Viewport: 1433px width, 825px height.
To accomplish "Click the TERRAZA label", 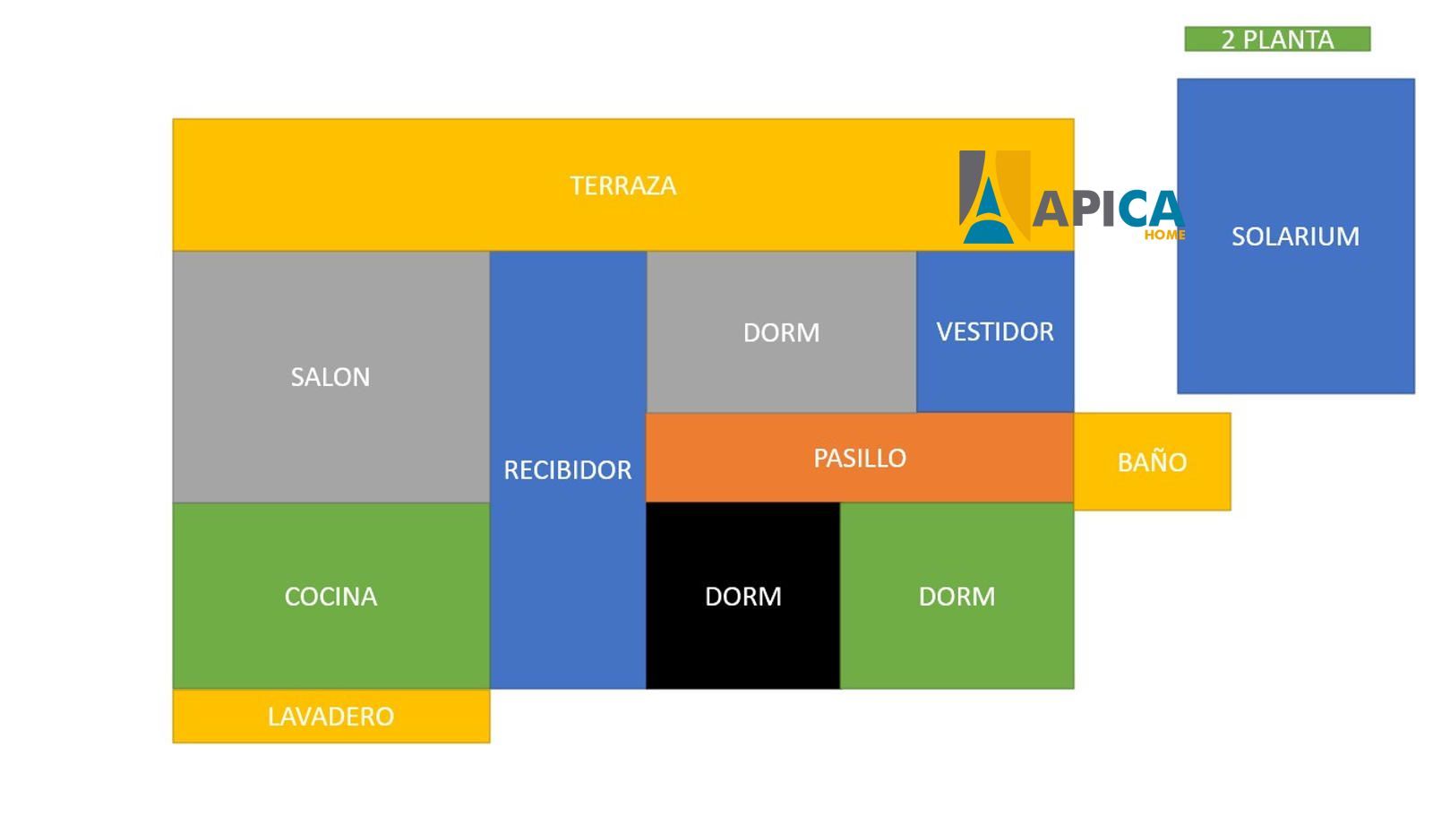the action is tap(623, 185).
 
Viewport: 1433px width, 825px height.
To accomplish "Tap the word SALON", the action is tap(330, 377).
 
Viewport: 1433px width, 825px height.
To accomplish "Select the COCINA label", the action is tap(330, 597).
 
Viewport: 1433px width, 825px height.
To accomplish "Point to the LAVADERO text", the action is tap(330, 717).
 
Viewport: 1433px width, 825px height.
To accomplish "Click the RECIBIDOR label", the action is tap(568, 469).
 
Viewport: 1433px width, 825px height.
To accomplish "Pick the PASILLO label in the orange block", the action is tap(860, 459).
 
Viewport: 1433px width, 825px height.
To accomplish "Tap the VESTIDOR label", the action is tap(995, 331).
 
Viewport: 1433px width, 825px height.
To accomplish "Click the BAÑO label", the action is tap(1152, 460).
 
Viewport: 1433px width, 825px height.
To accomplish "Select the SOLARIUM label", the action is tap(1295, 236).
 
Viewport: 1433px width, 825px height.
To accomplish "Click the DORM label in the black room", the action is tap(742, 597).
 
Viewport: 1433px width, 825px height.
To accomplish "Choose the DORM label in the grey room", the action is tap(781, 333).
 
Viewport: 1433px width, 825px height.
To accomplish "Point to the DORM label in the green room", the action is tap(957, 597).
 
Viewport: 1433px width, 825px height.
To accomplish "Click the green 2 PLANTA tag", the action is tap(1277, 39).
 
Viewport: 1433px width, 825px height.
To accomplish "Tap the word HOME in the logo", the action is tap(1164, 235).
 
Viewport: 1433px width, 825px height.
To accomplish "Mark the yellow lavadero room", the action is tap(331, 717).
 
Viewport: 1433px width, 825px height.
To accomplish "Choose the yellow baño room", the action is tap(1152, 461).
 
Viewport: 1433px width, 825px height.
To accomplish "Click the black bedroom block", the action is tap(742, 596).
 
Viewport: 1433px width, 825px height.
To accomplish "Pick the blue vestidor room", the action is tap(995, 331).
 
